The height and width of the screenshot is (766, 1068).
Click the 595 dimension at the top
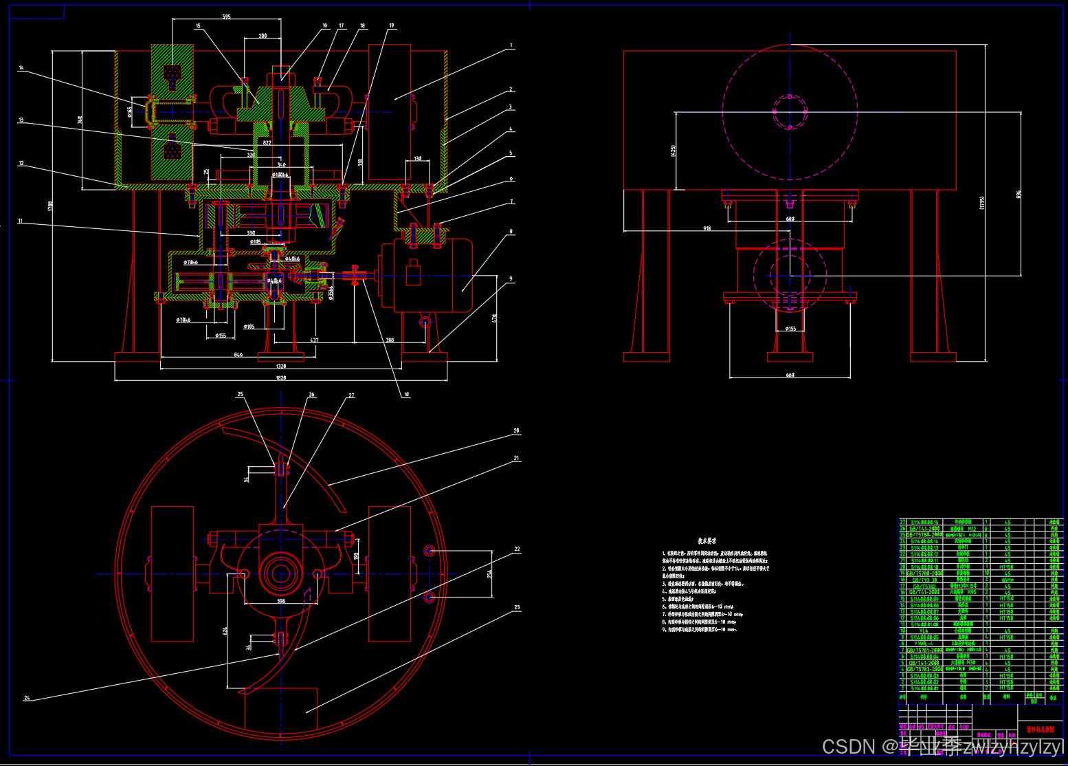point(227,17)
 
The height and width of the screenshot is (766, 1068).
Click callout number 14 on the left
point(21,68)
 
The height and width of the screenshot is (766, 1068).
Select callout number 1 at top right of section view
point(511,45)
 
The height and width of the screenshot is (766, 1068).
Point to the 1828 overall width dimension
point(280,377)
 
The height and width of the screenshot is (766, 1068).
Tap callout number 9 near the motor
point(511,279)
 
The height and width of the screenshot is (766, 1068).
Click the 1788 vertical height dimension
point(50,206)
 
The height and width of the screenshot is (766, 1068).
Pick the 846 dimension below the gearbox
point(238,355)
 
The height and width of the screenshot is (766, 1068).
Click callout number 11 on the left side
point(21,221)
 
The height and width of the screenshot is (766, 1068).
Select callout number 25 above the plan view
point(240,395)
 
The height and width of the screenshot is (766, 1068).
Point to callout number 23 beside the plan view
point(517,607)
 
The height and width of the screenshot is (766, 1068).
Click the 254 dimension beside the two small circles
point(489,573)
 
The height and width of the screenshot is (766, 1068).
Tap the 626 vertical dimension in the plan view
point(225,631)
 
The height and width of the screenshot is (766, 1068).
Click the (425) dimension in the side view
point(674,150)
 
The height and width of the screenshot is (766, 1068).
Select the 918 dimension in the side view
point(707,228)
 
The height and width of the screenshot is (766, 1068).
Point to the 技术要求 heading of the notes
point(707,541)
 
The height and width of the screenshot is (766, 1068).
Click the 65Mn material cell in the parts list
point(1007,580)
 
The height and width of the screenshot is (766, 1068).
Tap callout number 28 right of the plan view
point(516,431)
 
